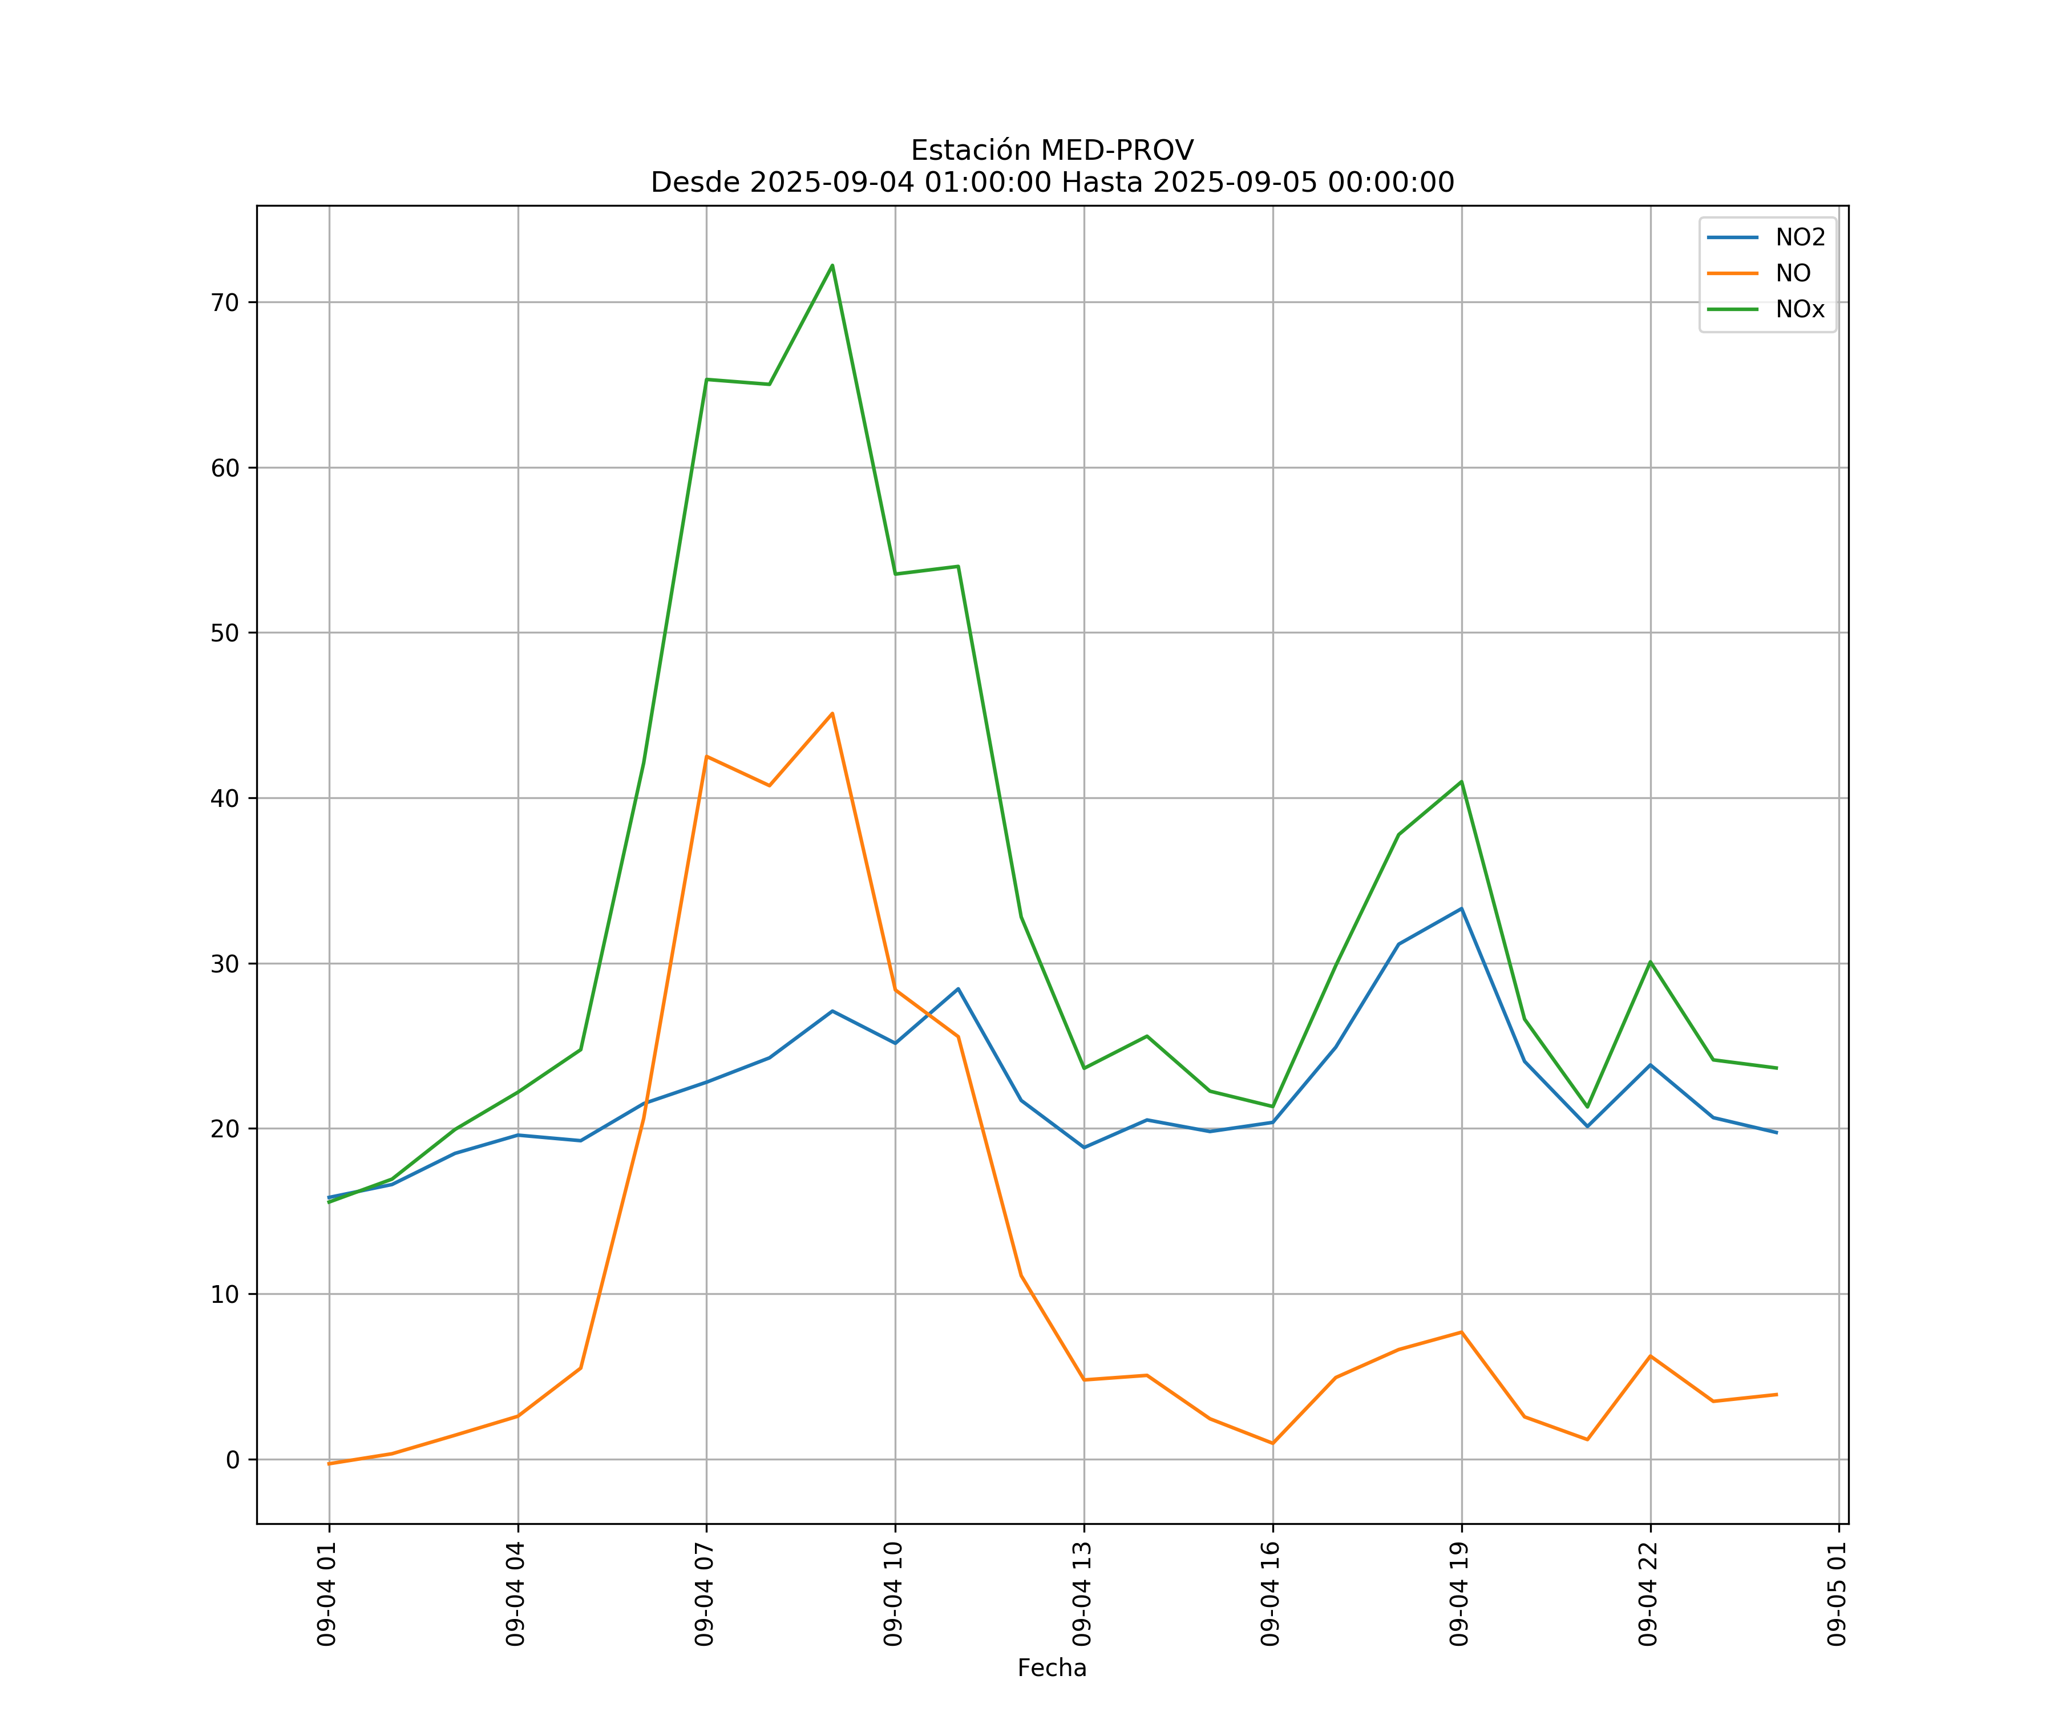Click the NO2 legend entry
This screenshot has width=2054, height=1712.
pos(1799,238)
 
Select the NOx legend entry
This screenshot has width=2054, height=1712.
pos(1799,309)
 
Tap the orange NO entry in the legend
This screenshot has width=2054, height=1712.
pos(1792,274)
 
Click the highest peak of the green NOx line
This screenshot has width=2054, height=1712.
pos(832,265)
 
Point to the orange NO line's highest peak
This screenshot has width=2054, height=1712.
pos(832,713)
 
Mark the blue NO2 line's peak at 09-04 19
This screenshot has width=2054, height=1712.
pos(1461,909)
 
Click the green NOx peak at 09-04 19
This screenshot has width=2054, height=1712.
pos(1461,782)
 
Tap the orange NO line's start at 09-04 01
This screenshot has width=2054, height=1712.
pos(330,1464)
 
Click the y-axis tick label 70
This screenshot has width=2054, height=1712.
pos(225,302)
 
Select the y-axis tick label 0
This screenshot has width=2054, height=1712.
pos(233,1460)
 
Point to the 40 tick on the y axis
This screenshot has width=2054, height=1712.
pos(225,798)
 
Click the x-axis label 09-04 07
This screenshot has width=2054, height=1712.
pos(704,1594)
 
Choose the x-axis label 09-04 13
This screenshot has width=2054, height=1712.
pos(1082,1594)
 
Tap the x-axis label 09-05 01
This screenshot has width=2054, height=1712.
pos(1837,1594)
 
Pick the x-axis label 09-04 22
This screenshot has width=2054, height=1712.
pos(1648,1594)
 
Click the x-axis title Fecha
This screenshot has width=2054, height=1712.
pos(1052,1668)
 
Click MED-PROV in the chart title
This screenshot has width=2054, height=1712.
pos(1117,151)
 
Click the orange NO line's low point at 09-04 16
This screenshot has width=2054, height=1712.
pos(1272,1443)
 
